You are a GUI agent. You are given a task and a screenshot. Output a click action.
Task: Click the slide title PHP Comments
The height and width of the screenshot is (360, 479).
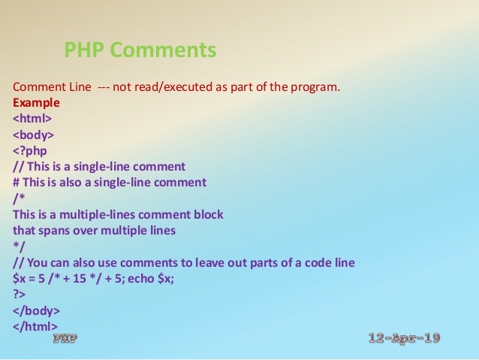(x=140, y=50)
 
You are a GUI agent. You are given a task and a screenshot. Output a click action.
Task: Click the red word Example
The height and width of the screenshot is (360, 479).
(x=36, y=102)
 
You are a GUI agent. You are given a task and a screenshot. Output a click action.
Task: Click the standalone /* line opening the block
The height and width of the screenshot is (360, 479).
(x=18, y=198)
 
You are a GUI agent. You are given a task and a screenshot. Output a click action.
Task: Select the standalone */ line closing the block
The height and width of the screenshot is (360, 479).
(x=18, y=247)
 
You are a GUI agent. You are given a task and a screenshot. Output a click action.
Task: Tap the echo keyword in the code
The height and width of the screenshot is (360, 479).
(x=156, y=279)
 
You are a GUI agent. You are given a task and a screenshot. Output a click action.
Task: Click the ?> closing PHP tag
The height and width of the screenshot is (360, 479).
(x=19, y=295)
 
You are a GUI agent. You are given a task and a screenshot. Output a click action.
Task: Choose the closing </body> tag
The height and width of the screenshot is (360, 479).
(x=36, y=310)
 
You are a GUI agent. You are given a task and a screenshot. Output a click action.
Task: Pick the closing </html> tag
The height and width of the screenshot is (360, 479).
(x=35, y=327)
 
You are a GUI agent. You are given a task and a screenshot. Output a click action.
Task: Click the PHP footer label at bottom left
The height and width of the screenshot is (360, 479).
(x=65, y=339)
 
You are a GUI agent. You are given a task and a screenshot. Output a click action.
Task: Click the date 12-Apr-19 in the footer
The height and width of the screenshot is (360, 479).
(x=405, y=338)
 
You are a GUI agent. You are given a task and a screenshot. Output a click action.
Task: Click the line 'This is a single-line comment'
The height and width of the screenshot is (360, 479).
(x=105, y=166)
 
